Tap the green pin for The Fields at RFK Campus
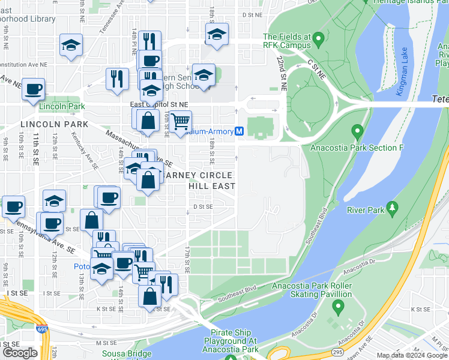point(319,40)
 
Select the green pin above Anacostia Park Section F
point(358,131)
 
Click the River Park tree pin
point(393,208)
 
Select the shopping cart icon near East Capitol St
point(180,122)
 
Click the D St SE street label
point(203,207)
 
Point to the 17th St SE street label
point(187,258)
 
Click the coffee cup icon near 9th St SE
point(13,207)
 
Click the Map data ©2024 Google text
point(411,355)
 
